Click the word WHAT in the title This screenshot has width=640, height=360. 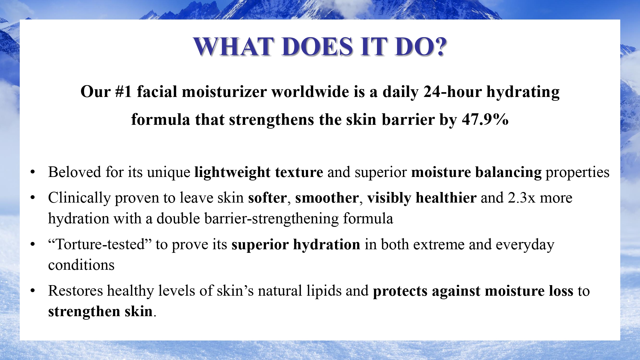pos(234,47)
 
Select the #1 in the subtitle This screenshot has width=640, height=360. pos(123,92)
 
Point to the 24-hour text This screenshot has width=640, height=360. pos(452,92)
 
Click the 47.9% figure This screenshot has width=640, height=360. pos(485,119)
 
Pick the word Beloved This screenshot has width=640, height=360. pos(75,172)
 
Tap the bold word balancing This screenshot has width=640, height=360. pos(508,172)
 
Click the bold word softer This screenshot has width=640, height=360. pos(267,198)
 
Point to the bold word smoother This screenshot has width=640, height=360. pos(327,198)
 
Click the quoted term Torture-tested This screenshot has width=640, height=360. pos(100,244)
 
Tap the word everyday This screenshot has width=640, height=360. pos(525,245)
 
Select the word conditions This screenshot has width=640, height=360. pos(81,265)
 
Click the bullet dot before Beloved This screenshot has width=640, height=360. pos(33,172)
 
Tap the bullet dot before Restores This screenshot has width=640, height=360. pos(33,291)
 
